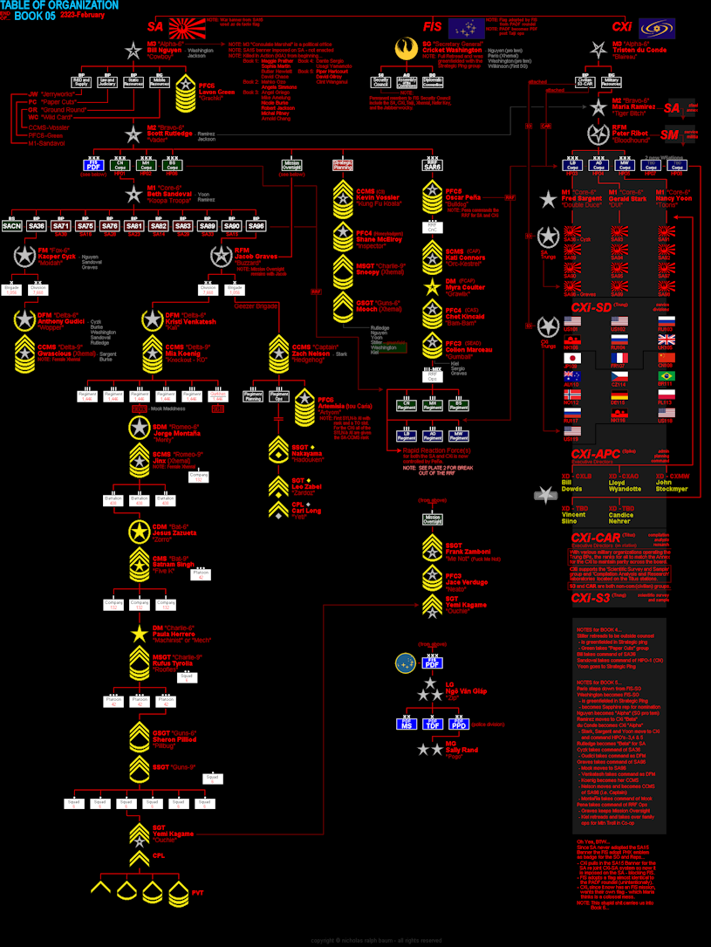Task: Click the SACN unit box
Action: (x=12, y=225)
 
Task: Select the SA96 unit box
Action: (x=256, y=225)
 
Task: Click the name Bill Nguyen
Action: (x=164, y=51)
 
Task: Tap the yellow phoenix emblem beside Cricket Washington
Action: (x=405, y=51)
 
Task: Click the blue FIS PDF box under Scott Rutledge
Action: (x=94, y=164)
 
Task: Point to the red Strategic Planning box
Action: (x=342, y=164)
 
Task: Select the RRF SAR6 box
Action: (x=432, y=165)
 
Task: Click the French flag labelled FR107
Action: (x=620, y=358)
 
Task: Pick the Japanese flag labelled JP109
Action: (x=573, y=358)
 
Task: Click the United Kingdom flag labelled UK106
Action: (x=666, y=340)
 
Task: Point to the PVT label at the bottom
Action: (x=197, y=893)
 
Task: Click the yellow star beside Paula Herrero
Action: (x=139, y=634)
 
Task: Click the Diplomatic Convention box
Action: (x=433, y=82)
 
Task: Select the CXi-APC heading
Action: (x=595, y=455)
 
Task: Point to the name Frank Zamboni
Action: (x=466, y=551)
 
